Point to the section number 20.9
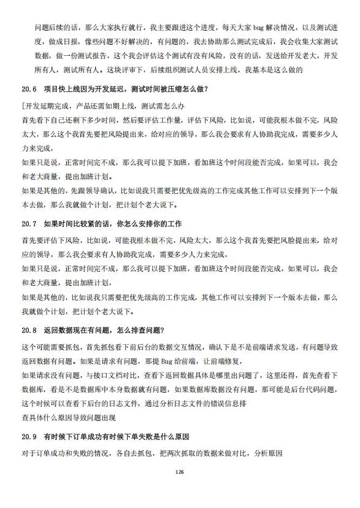pos(29,437)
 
